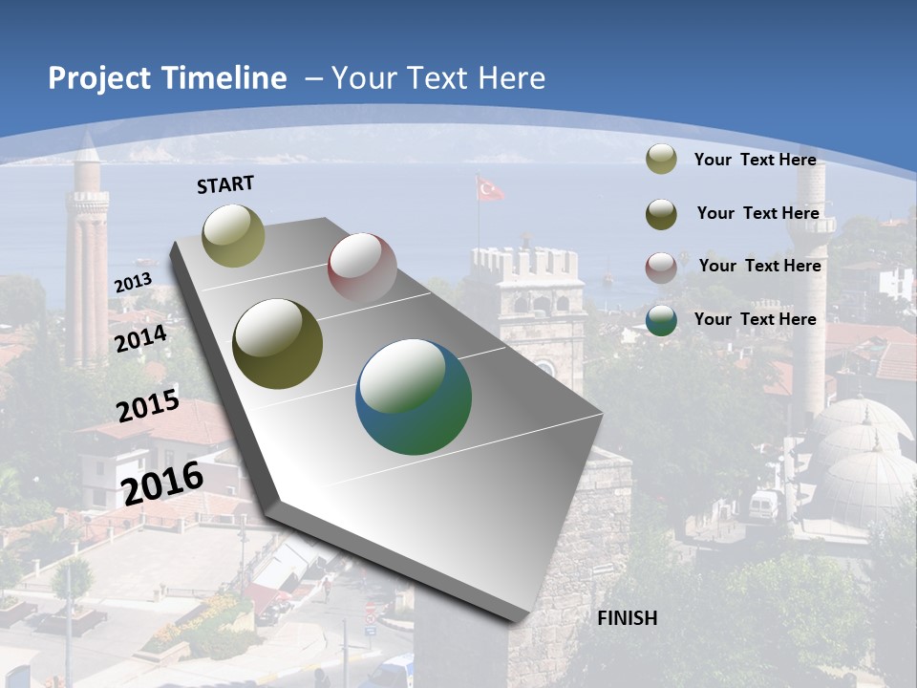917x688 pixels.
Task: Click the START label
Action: [225, 183]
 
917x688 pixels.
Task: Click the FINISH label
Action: [627, 618]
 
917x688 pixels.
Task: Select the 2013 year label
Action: [133, 282]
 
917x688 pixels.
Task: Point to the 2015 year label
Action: [148, 405]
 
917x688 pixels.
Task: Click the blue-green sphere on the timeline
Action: [414, 397]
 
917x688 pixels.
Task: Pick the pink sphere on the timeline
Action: [362, 267]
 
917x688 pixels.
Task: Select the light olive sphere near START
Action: [234, 235]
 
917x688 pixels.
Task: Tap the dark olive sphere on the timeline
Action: [278, 344]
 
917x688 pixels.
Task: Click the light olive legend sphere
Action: [661, 159]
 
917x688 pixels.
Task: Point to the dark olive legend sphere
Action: [661, 214]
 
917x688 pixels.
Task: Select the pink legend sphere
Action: [661, 267]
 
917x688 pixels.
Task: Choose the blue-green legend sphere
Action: [661, 320]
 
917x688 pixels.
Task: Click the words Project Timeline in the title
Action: [167, 78]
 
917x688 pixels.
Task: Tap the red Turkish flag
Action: [490, 189]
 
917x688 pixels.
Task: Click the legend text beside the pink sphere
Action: [759, 266]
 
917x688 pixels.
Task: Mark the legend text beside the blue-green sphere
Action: [755, 319]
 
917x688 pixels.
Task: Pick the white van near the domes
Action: [764, 505]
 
